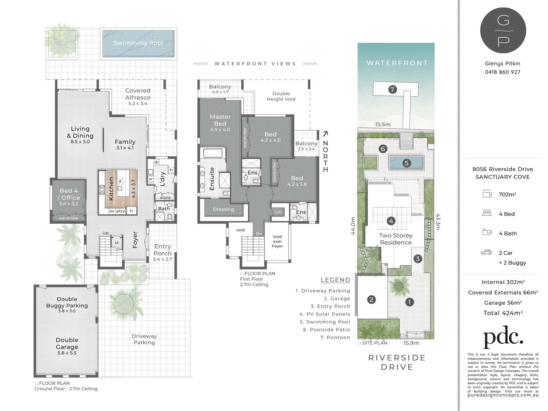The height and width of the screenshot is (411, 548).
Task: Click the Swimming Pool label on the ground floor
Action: click(138, 43)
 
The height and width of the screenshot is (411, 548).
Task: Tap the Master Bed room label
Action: click(220, 120)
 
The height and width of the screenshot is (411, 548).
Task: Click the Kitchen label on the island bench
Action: click(111, 189)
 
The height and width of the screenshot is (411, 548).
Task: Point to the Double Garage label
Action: click(67, 343)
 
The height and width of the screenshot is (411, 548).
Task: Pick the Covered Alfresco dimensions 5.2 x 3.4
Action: click(138, 104)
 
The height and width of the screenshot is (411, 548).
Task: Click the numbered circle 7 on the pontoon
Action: click(392, 89)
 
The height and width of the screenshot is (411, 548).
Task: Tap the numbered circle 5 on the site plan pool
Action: click(407, 163)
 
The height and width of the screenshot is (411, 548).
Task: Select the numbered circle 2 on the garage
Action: click(372, 299)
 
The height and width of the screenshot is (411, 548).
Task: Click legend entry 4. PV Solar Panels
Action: click(325, 314)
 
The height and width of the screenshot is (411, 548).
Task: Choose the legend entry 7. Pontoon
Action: click(335, 338)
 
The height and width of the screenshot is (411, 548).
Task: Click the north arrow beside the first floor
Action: click(325, 134)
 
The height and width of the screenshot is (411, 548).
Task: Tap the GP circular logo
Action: click(503, 30)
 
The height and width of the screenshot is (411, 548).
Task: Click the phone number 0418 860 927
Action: click(502, 72)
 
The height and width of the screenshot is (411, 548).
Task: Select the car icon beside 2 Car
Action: click(486, 252)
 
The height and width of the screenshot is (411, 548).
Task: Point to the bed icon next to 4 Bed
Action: click(487, 213)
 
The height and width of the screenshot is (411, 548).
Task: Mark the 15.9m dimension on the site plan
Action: click(411, 343)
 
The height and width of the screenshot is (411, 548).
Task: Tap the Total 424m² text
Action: click(503, 313)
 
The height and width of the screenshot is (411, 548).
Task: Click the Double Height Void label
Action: click(281, 96)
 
